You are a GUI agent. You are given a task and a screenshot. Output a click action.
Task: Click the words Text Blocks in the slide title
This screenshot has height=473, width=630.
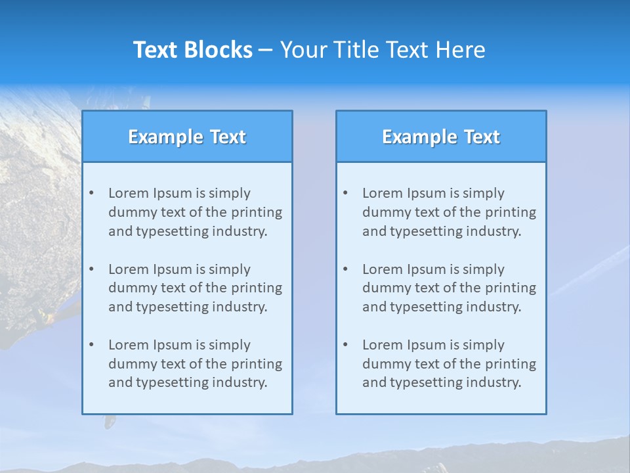point(192,50)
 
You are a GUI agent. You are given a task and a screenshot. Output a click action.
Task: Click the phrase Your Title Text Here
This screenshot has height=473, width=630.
point(383,50)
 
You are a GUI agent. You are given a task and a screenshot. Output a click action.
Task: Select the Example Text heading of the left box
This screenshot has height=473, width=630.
point(187,137)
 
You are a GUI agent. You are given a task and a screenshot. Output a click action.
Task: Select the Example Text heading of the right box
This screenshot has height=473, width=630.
point(441,137)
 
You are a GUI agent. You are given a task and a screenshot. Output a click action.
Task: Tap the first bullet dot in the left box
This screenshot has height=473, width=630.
point(91,193)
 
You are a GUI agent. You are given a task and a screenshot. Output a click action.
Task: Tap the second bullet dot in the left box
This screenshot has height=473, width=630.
point(91,269)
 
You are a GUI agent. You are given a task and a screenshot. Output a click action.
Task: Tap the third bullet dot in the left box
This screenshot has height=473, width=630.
point(91,345)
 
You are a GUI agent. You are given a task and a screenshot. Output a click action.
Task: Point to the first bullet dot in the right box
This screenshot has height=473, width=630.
point(345,193)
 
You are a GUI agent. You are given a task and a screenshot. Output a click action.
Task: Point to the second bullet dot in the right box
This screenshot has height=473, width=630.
point(345,269)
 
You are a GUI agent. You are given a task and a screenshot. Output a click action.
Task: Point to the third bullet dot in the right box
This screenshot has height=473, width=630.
point(345,345)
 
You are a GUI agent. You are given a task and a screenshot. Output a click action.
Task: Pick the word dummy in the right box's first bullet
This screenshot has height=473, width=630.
point(384,212)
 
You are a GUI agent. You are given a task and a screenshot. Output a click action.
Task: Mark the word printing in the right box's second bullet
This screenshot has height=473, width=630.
point(511,288)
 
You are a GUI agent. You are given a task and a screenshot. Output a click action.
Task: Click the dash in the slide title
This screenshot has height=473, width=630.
point(266,50)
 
